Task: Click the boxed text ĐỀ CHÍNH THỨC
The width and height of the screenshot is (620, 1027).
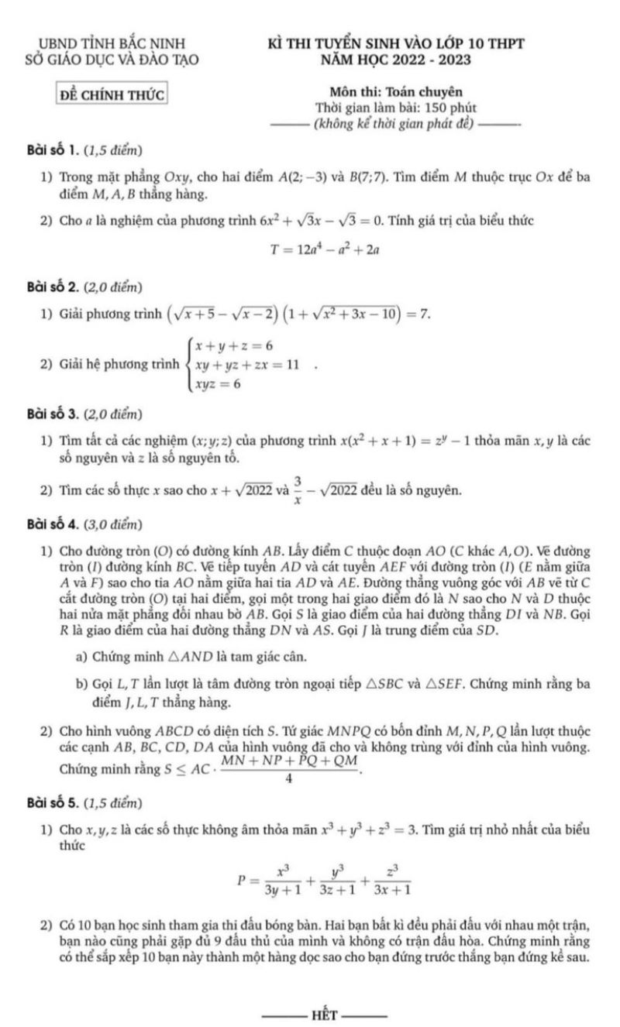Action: (x=114, y=95)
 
